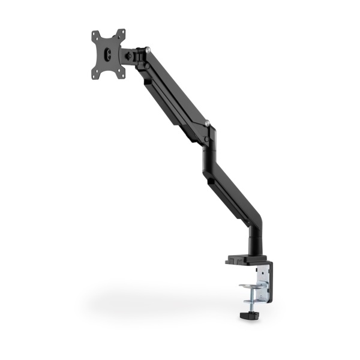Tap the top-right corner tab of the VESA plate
[122, 31]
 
